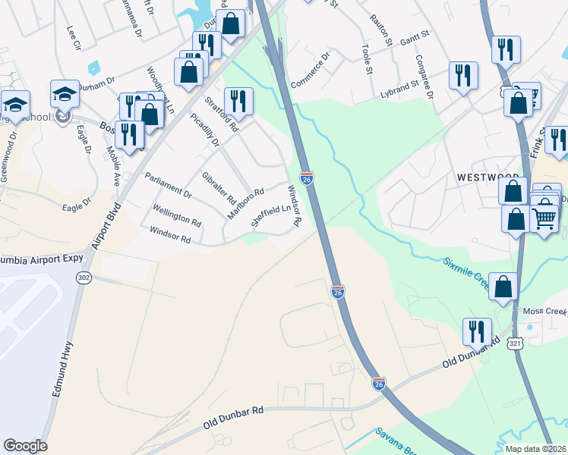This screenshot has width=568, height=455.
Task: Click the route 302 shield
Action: [x=83, y=278]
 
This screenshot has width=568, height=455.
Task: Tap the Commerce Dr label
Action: [x=311, y=70]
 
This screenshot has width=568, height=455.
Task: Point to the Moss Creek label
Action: [x=544, y=312]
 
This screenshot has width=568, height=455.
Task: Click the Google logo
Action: [x=25, y=445]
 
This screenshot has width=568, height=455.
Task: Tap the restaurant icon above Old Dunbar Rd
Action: [x=476, y=331]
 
